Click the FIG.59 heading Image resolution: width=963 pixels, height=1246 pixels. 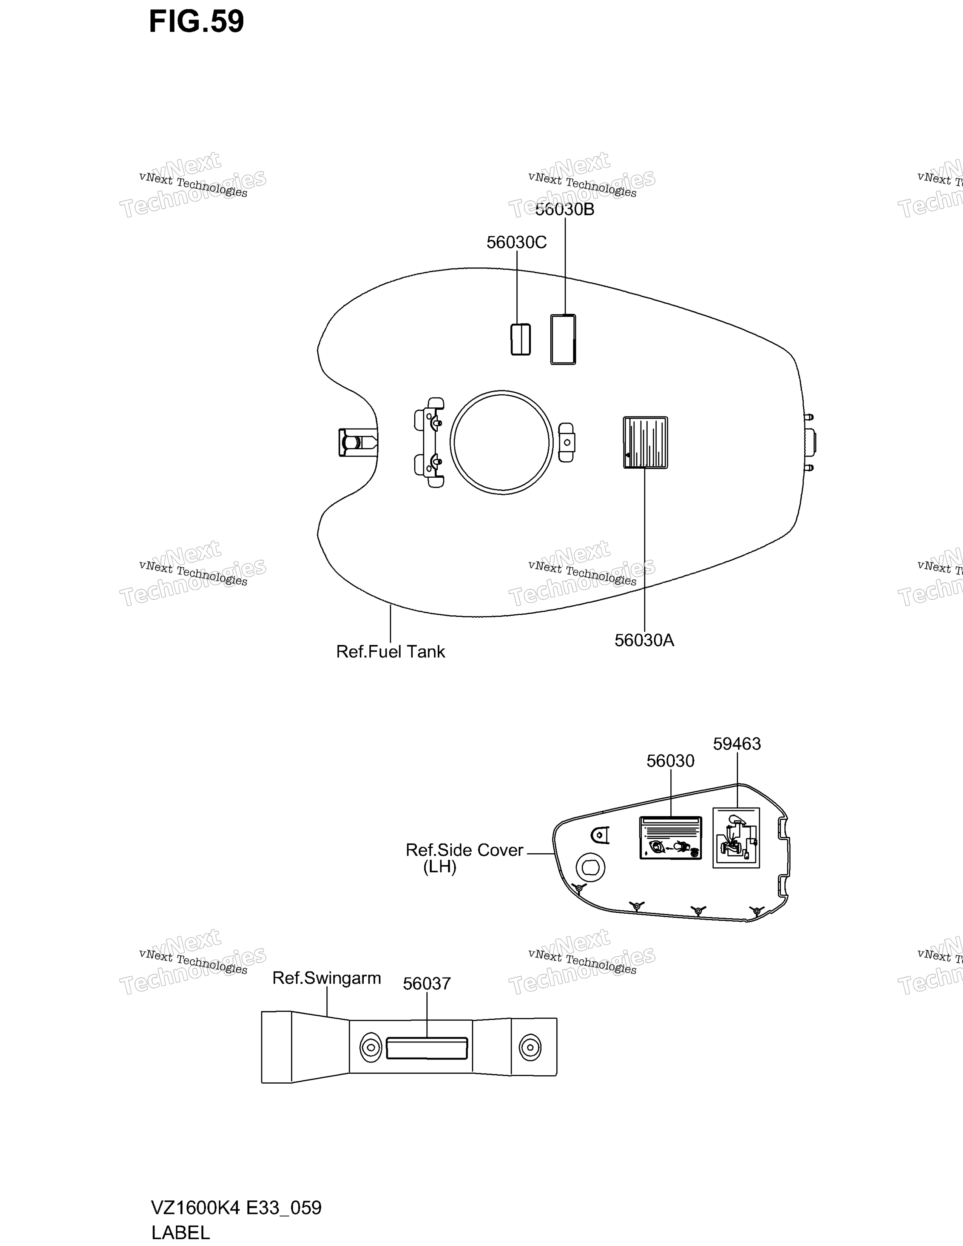(x=196, y=22)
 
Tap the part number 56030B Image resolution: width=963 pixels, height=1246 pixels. (x=565, y=210)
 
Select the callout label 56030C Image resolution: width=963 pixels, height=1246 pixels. (x=516, y=242)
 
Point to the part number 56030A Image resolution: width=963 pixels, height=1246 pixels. (x=644, y=640)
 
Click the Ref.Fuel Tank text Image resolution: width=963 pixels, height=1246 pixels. (x=390, y=652)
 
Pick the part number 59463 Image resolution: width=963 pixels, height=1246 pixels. (x=737, y=743)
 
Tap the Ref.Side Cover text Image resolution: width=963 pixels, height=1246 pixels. (x=465, y=850)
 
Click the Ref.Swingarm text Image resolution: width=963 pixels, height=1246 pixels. (x=326, y=978)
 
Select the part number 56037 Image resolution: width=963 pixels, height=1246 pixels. (x=427, y=984)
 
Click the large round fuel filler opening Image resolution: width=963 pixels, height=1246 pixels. (x=502, y=442)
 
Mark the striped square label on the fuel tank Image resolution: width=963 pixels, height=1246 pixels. (x=645, y=442)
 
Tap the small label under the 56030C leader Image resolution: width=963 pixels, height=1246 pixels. (x=520, y=339)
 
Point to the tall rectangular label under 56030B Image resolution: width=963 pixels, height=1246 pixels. (x=563, y=339)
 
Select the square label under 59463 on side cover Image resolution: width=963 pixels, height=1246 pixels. (x=736, y=837)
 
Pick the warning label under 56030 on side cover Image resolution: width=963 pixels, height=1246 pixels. (x=670, y=837)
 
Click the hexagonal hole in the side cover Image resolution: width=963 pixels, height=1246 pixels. (x=591, y=868)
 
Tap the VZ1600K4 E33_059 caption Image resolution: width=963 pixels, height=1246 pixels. (x=236, y=1208)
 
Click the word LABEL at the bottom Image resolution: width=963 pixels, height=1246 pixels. (x=180, y=1232)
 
